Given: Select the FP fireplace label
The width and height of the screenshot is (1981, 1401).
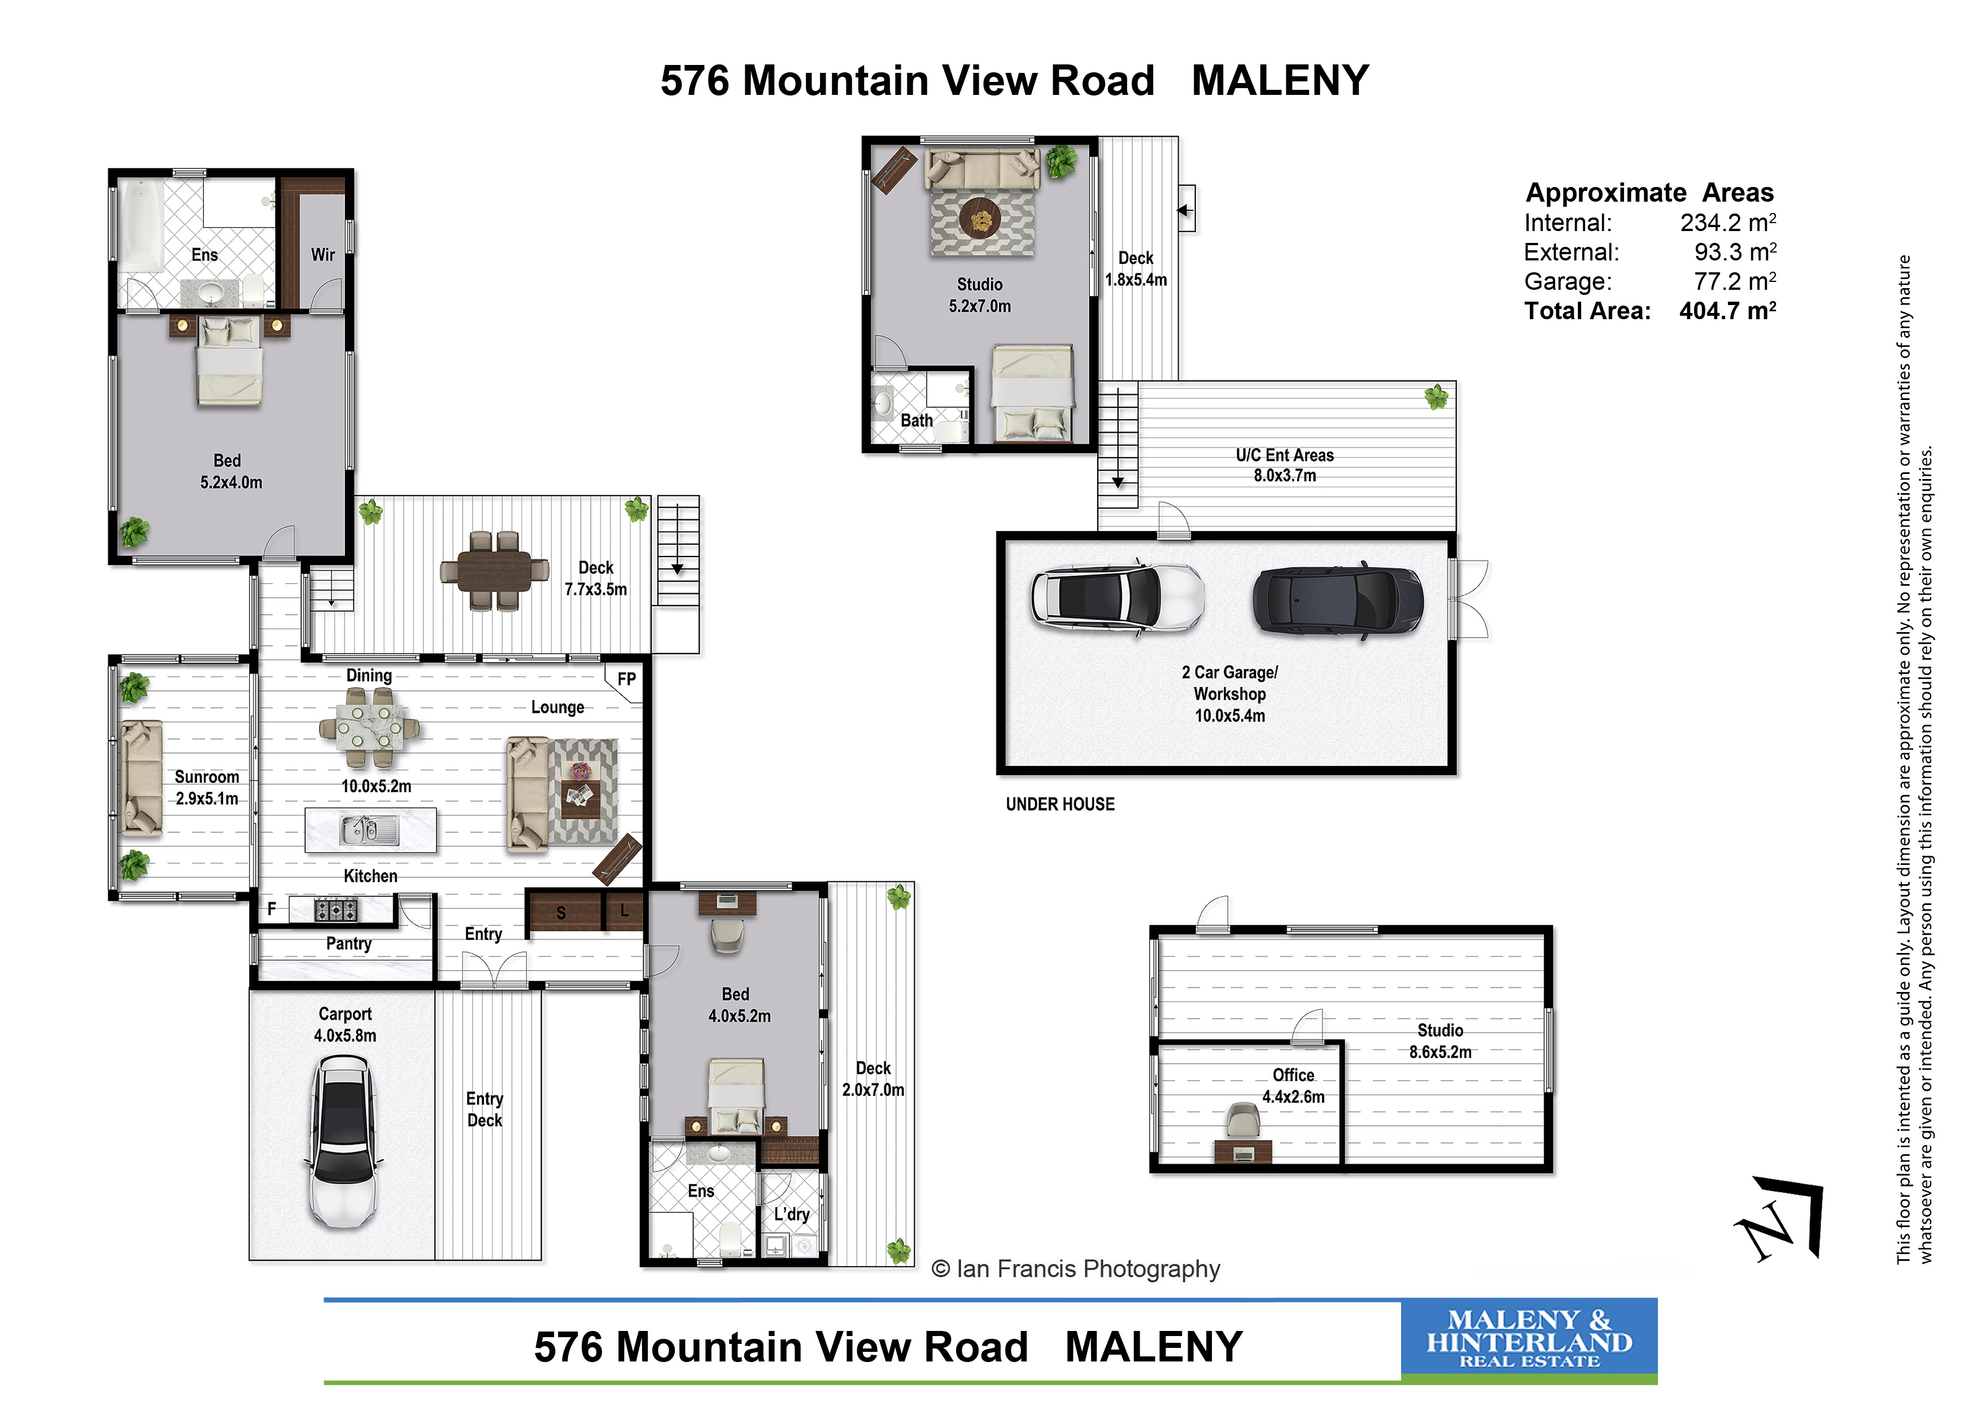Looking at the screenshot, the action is pos(626,680).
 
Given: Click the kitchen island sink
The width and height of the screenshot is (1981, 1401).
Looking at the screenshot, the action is pos(369,830).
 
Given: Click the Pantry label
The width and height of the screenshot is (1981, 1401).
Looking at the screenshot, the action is pos(348,943).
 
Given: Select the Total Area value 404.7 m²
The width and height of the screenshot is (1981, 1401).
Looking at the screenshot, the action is pos(1727,311).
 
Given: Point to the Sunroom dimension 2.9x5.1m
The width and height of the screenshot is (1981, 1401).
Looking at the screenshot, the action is pos(207,798).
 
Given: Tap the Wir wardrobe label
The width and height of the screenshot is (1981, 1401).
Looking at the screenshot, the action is pos(322,255).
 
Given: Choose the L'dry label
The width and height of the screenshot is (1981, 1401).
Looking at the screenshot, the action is pos(791,1215).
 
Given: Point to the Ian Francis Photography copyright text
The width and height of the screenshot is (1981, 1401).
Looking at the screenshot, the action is pos(1076,1269).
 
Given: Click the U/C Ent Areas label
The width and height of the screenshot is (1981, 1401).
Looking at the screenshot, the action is pos(1285,455).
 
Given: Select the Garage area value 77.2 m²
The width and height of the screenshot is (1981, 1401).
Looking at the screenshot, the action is pos(1734,281).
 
